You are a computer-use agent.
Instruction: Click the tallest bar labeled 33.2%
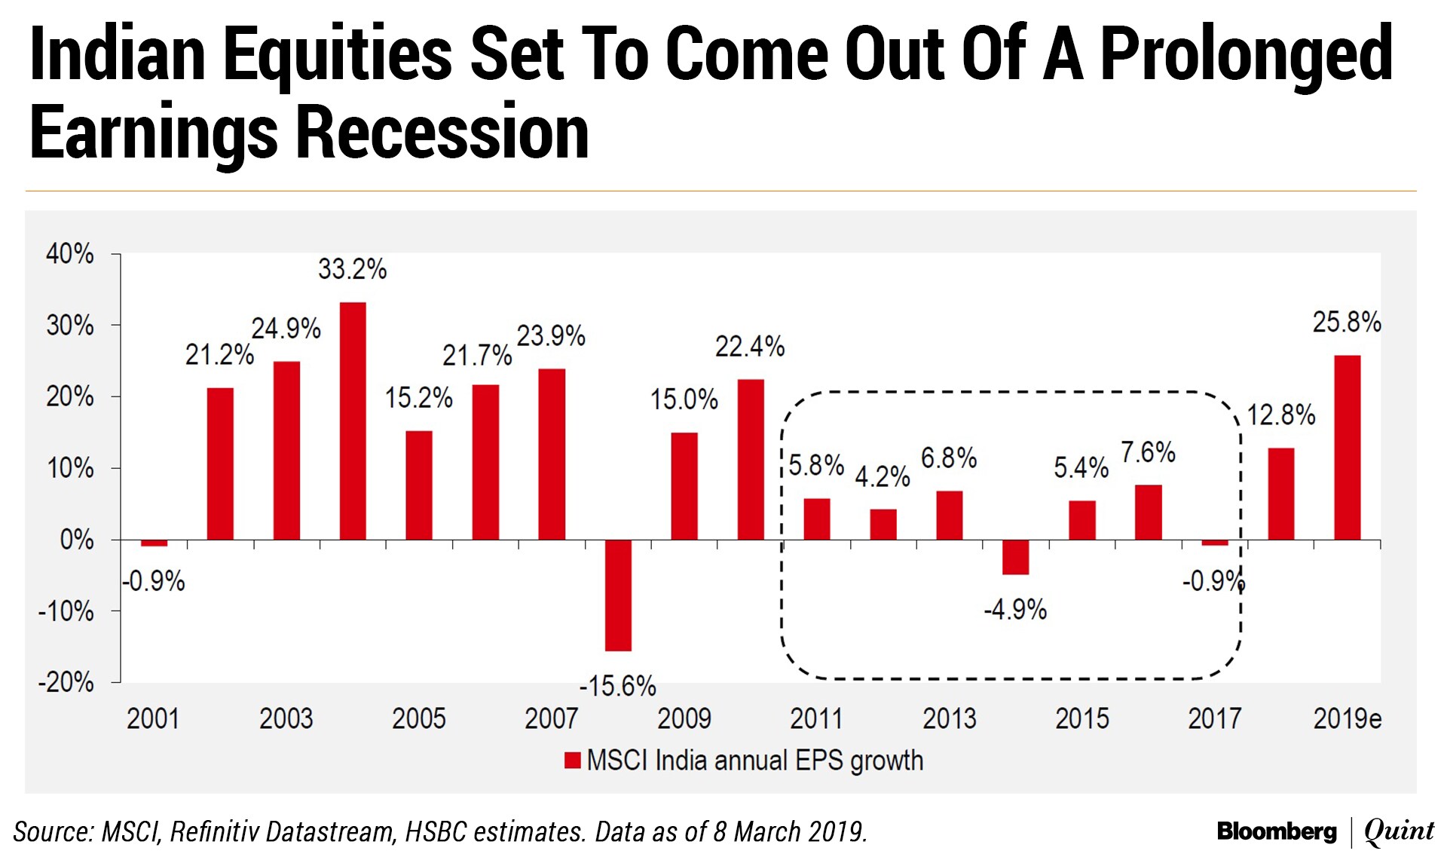353,421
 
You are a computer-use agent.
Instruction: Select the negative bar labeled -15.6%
618,595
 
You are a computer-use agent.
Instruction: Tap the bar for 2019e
1348,447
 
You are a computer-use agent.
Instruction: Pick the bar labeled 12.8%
1281,494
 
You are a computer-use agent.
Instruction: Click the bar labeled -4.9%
1016,557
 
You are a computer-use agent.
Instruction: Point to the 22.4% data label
750,347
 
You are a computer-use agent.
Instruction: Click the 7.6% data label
1148,452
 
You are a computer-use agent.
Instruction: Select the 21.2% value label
219,354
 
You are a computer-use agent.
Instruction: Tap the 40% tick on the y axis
70,254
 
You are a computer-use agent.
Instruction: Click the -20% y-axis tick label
66,683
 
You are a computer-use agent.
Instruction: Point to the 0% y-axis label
77,540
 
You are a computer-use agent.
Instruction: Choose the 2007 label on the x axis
551,718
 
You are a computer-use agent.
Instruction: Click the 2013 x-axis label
949,718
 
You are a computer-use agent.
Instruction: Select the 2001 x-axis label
153,718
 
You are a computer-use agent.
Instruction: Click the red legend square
573,760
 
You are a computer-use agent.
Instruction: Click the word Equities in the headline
337,54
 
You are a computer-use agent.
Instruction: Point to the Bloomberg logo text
1277,831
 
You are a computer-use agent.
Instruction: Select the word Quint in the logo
1399,831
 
